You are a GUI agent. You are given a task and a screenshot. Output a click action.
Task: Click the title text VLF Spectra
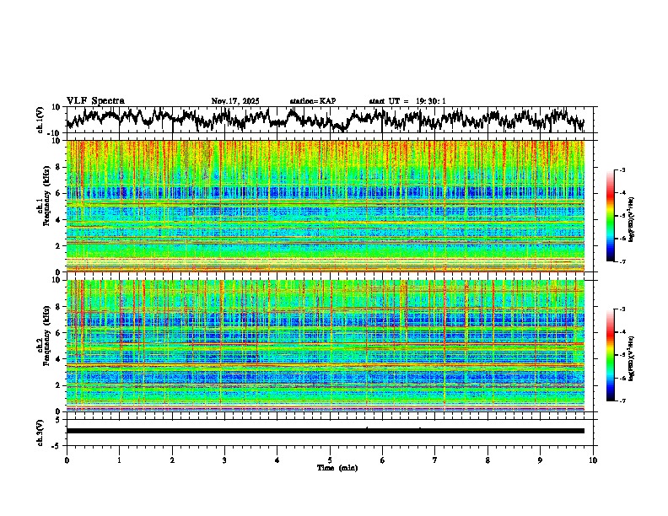(x=95, y=101)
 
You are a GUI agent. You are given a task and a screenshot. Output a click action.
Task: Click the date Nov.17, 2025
(x=235, y=101)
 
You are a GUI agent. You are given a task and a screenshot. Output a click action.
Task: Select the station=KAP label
(x=313, y=101)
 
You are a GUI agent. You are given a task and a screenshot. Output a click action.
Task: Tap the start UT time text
(x=407, y=101)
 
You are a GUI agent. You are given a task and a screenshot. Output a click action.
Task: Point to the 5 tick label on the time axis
(x=330, y=460)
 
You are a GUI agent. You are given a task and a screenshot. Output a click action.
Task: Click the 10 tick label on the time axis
(x=593, y=460)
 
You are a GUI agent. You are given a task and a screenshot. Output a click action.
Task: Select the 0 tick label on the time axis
(x=67, y=460)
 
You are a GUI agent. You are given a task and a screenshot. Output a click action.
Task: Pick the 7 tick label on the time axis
(x=435, y=460)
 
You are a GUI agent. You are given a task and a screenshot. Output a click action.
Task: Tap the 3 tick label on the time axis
(x=224, y=460)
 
